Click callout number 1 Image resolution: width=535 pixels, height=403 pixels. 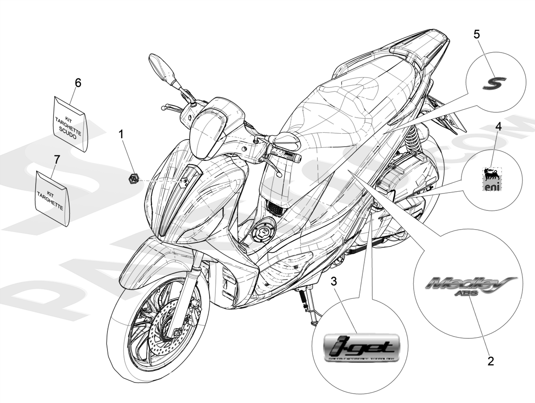coord(122,133)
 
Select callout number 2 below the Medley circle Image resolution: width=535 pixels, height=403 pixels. coord(491,361)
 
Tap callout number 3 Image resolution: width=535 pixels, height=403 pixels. coord(334,282)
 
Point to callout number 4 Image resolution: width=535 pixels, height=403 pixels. coord(498,126)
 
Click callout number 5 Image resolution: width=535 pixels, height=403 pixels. coord(477,34)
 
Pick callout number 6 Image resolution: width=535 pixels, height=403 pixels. coord(78,82)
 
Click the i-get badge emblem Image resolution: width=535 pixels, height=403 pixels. coord(359,346)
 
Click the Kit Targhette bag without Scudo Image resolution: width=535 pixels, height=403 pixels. coord(52,197)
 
